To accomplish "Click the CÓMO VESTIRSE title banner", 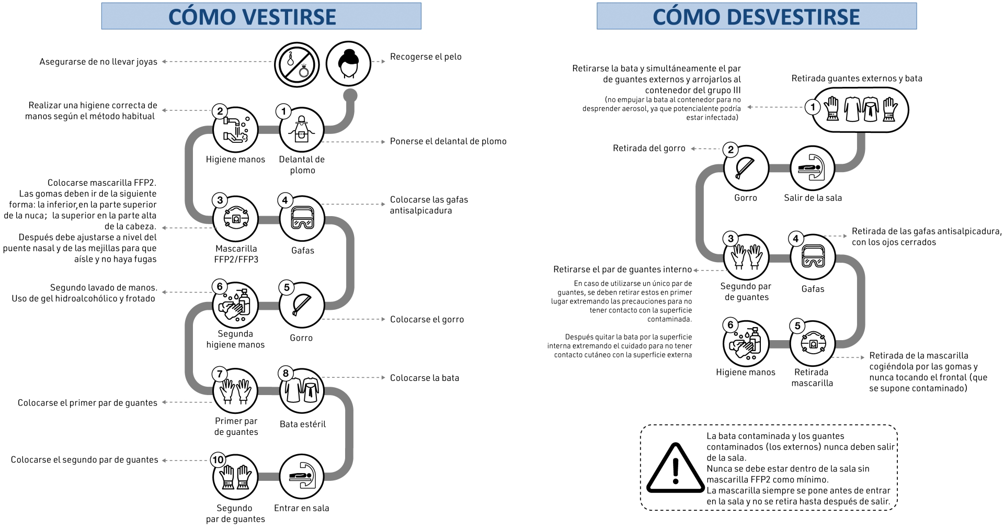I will coord(261,16).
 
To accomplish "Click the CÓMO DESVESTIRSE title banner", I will coord(756,16).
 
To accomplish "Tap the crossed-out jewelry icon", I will coord(296,64).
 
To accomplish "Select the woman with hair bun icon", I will coord(348,64).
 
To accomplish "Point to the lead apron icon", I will coord(302,129).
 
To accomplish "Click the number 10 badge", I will coord(218,460).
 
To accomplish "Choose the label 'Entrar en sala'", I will coord(302,508).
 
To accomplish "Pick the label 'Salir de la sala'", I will coord(813,198).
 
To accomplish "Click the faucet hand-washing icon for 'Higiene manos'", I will coord(235,129).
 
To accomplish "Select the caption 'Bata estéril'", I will coord(302,424).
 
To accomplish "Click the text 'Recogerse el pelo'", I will coord(426,57).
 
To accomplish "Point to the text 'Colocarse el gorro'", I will coord(427,319).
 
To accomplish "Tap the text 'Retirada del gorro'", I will coord(649,148).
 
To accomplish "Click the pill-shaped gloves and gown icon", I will coord(860,109).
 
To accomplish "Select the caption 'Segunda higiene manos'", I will coord(235,339).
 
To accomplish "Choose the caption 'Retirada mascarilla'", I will coord(812,377).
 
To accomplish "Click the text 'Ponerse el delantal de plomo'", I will coord(448,141).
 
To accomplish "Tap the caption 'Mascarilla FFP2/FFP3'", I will coord(236,254).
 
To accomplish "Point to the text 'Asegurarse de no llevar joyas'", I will coord(98,62).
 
